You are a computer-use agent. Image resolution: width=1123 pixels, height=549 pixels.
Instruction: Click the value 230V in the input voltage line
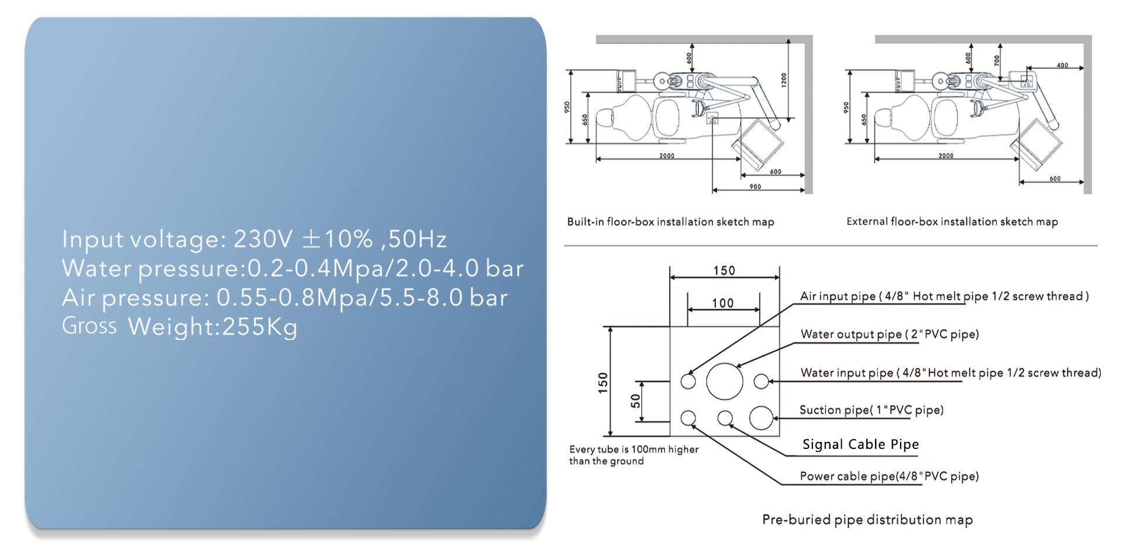point(263,239)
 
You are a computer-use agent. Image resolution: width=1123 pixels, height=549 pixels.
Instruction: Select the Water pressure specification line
point(292,268)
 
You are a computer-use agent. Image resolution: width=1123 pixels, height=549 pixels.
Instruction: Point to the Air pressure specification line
point(285,297)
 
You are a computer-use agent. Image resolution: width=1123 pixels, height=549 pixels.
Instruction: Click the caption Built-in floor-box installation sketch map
point(670,222)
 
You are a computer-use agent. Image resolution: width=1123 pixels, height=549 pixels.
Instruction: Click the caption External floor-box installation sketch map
point(952,222)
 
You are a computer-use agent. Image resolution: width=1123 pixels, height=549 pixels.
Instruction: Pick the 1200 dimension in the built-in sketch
point(784,80)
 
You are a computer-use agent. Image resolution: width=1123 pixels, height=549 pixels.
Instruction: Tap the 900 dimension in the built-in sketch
point(756,187)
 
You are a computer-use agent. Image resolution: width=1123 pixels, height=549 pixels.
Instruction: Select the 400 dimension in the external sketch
point(1062,66)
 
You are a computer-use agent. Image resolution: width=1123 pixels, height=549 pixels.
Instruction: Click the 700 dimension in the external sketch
point(997,60)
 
